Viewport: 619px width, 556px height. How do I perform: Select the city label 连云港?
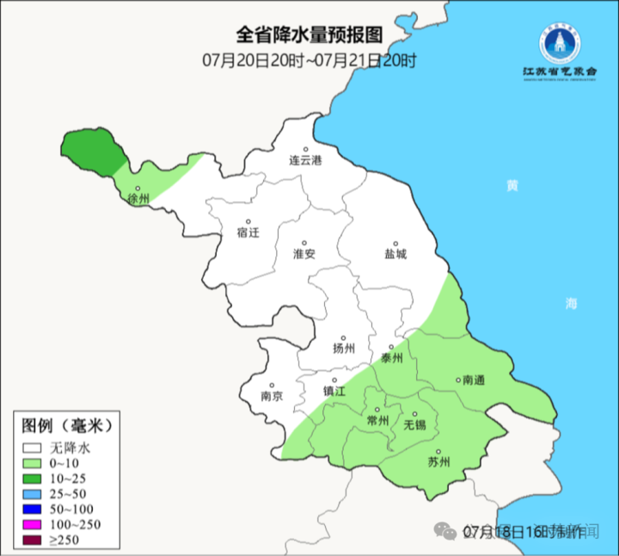click(304, 160)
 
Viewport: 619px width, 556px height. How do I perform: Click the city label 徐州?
click(138, 199)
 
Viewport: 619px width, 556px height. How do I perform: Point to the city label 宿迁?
click(248, 232)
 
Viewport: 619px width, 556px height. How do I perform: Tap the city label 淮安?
click(304, 254)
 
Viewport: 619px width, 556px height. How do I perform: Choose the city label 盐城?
click(395, 254)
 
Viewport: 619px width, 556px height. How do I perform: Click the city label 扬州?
click(344, 349)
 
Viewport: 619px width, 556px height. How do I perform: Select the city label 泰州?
click(391, 358)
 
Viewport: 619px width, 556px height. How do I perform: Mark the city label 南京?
click(272, 396)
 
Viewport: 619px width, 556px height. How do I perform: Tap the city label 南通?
click(474, 380)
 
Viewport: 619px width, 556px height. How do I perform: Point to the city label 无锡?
click(414, 424)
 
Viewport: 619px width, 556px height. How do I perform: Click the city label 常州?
click(377, 421)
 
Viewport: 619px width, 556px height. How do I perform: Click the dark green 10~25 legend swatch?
click(34, 479)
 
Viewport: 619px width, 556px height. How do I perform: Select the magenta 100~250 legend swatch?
click(34, 525)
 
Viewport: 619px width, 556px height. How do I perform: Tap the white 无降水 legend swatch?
click(34, 448)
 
